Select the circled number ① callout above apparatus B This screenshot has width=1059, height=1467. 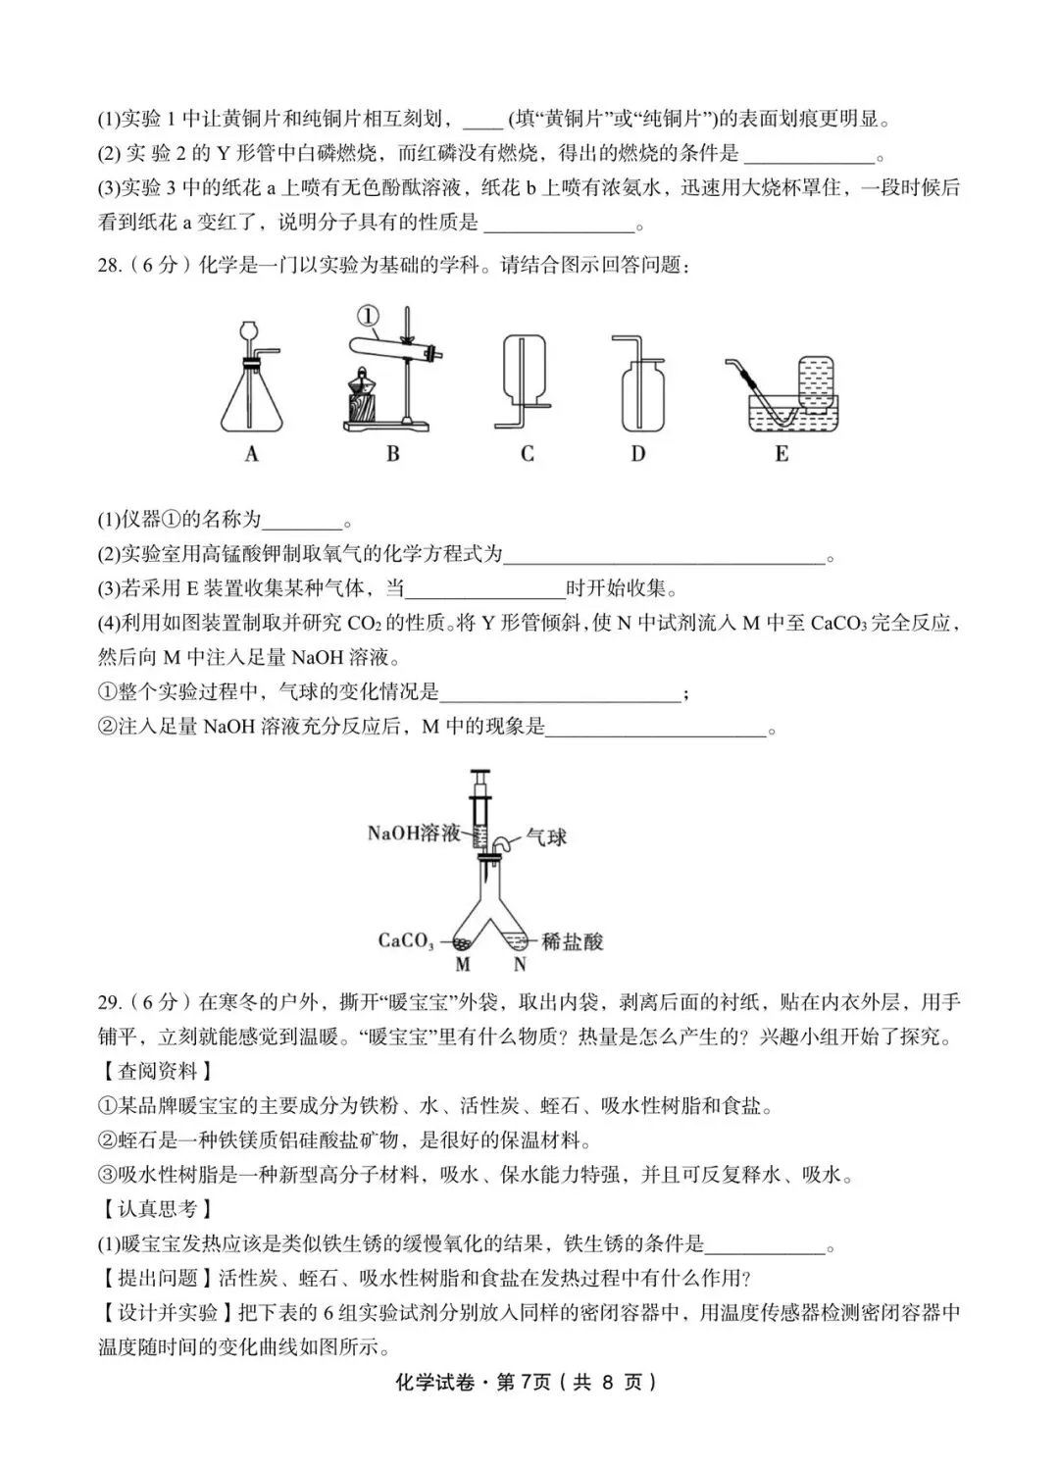[366, 316]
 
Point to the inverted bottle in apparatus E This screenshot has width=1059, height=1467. [812, 379]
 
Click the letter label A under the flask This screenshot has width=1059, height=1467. [252, 454]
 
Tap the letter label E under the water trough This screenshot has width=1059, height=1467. [782, 454]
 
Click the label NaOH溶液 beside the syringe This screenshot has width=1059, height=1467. [413, 834]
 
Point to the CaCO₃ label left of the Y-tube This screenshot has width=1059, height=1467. [406, 940]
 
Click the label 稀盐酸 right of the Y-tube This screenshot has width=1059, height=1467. [573, 941]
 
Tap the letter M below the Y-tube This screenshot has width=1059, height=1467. [463, 965]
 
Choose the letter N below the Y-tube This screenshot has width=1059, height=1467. [519, 965]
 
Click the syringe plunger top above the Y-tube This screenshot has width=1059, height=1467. [480, 775]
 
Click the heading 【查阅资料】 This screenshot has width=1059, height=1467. [157, 1071]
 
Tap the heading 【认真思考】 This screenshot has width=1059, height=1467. [157, 1209]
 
